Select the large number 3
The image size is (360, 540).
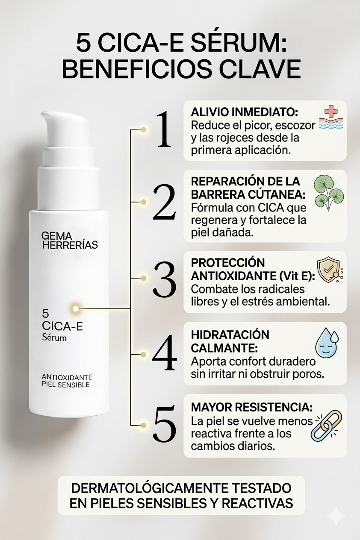click(164, 279)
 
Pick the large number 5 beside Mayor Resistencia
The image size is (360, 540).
click(165, 426)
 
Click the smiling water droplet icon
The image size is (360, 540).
click(327, 343)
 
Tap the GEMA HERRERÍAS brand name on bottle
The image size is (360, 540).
click(70, 240)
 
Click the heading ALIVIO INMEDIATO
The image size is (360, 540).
click(245, 112)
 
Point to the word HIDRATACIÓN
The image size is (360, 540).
click(230, 335)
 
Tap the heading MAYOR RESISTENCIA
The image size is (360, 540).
click(252, 408)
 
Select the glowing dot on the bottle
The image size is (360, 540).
click(76, 308)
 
